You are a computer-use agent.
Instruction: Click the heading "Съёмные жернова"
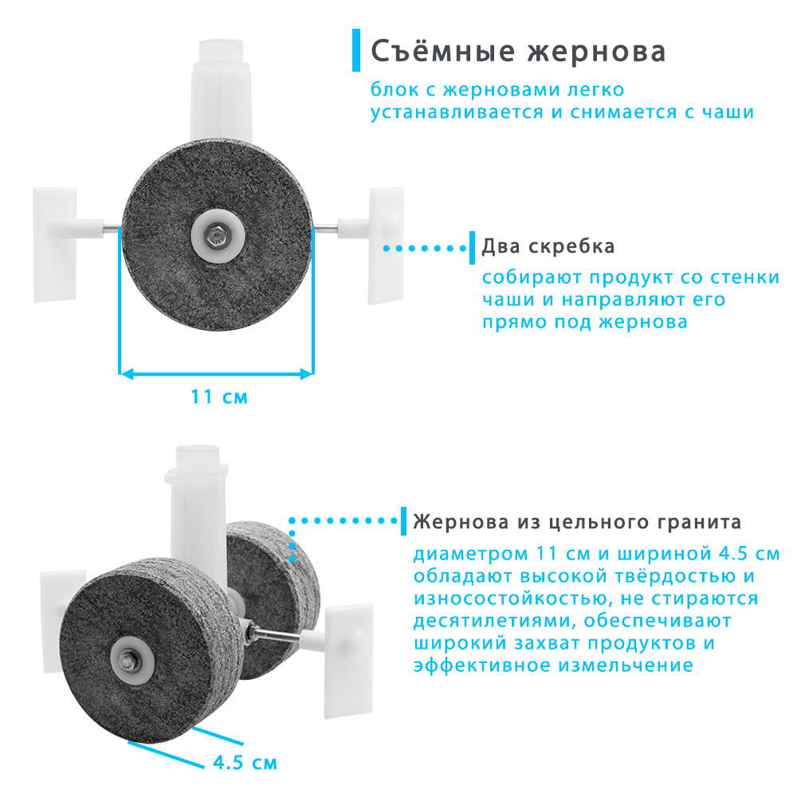pos(518,50)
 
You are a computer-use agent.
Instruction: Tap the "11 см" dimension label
pos(219,396)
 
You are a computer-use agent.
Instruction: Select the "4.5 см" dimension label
pos(245,763)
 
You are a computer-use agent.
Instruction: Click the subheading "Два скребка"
pos(548,246)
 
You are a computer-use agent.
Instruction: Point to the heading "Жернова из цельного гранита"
pos(577,522)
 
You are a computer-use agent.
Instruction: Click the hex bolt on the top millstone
pos(214,235)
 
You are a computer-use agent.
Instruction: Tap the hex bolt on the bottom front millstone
pos(127,659)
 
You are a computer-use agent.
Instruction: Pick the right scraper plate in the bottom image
pos(349,661)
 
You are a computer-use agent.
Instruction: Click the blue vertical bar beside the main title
pos(356,49)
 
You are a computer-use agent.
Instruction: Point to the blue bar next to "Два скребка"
pos(472,248)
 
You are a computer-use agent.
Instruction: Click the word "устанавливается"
pos(457,112)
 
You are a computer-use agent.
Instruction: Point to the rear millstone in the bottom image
pos(275,579)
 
